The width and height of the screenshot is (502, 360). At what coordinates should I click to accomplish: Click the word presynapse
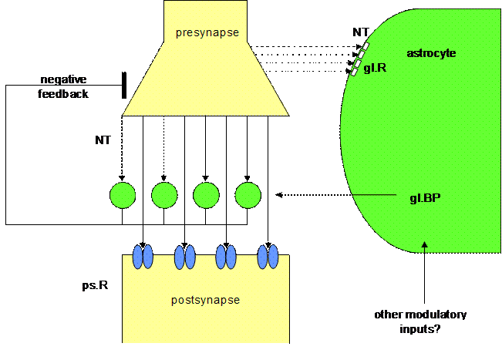pos(206,32)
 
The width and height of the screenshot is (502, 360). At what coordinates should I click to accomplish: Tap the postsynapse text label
pos(205,300)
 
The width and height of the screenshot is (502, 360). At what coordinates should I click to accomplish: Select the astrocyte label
pos(431,53)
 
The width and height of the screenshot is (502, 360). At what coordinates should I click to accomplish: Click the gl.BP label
pos(425,197)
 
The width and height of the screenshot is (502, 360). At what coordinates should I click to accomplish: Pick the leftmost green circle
pos(123,195)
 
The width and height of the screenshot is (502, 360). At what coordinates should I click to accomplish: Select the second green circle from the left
pos(164,195)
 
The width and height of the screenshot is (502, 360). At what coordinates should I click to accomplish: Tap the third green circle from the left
pos(206,195)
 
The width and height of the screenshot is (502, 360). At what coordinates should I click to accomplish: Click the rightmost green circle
pos(248,195)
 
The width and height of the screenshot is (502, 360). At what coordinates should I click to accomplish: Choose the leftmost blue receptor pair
pos(143,256)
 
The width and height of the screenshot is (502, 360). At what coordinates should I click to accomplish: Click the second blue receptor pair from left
pos(185,256)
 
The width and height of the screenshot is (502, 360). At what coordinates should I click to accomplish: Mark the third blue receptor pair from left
pos(226,256)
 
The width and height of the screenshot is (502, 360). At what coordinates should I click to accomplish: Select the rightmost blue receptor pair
pos(268,256)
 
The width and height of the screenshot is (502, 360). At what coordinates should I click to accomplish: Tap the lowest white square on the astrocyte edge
pos(355,71)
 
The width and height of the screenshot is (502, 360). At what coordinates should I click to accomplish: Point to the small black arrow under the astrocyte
pos(424,246)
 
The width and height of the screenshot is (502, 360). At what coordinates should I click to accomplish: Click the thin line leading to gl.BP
pos(378,194)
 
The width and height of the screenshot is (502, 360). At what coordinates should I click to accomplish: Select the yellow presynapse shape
pos(206,77)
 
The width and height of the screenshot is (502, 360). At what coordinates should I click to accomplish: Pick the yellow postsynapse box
pos(205,308)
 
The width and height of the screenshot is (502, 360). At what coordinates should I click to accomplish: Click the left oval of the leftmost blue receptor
pos(139,256)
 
